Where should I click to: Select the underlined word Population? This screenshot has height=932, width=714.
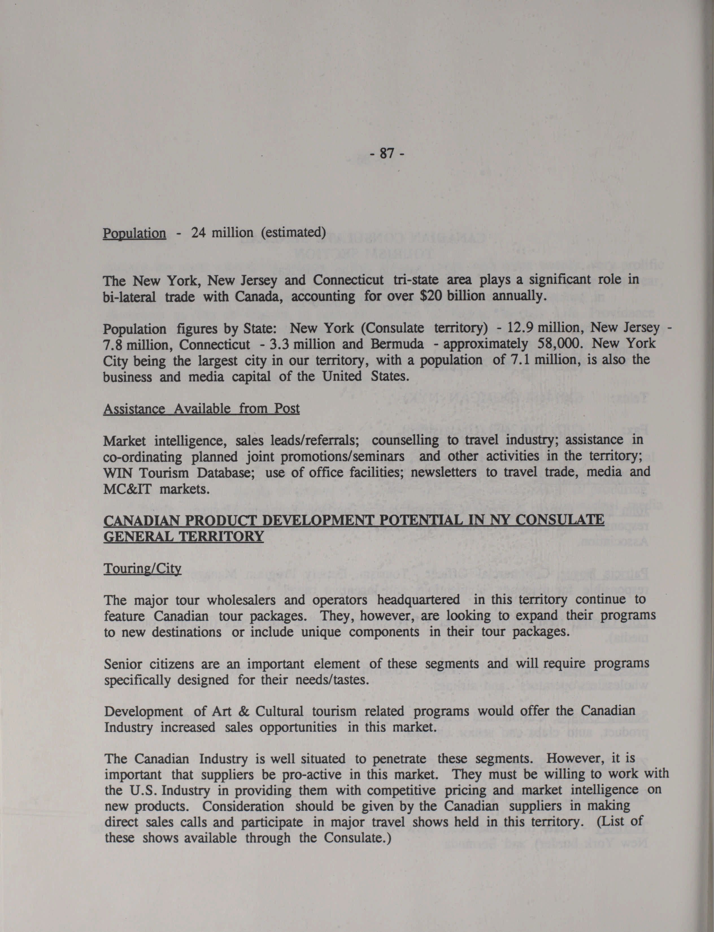coord(134,233)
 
